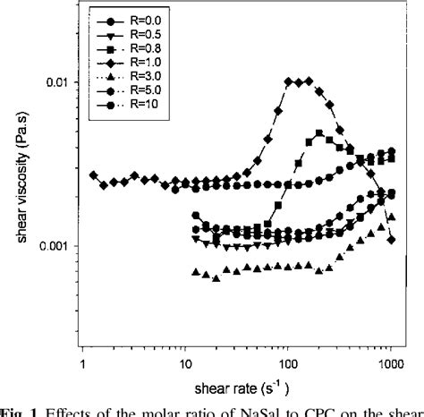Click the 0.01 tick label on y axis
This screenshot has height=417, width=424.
coord(60,82)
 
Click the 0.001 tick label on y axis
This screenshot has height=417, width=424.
coord(57,246)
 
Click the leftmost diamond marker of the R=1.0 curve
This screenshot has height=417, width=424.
coord(93,175)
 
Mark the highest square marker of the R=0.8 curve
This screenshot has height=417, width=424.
coord(319,133)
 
